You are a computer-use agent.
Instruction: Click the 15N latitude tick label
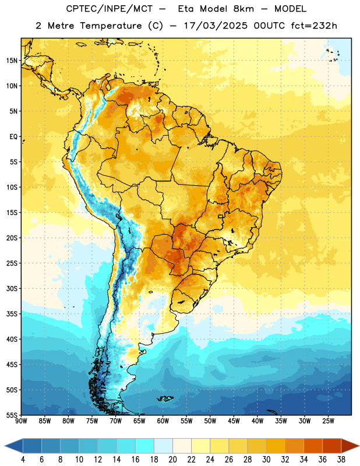[x=12, y=61]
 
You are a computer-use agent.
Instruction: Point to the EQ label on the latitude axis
[x=13, y=137]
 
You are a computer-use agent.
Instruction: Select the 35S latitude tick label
[x=12, y=314]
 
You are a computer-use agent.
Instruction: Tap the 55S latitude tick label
[x=12, y=415]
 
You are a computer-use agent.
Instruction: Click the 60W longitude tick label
[x=163, y=421]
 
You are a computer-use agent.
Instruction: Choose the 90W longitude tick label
[x=21, y=421]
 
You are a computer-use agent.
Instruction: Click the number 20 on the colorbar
[x=172, y=460]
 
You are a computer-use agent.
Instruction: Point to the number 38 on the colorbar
[x=341, y=460]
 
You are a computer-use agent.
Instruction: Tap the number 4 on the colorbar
[x=23, y=460]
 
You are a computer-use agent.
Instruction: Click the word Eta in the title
[x=186, y=9]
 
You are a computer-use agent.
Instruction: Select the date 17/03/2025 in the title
[x=216, y=26]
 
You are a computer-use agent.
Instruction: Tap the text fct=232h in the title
[x=314, y=26]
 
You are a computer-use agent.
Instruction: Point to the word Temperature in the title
[x=111, y=26]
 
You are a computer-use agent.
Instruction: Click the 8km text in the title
[x=243, y=9]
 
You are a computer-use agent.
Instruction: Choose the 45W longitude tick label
[x=234, y=421]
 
